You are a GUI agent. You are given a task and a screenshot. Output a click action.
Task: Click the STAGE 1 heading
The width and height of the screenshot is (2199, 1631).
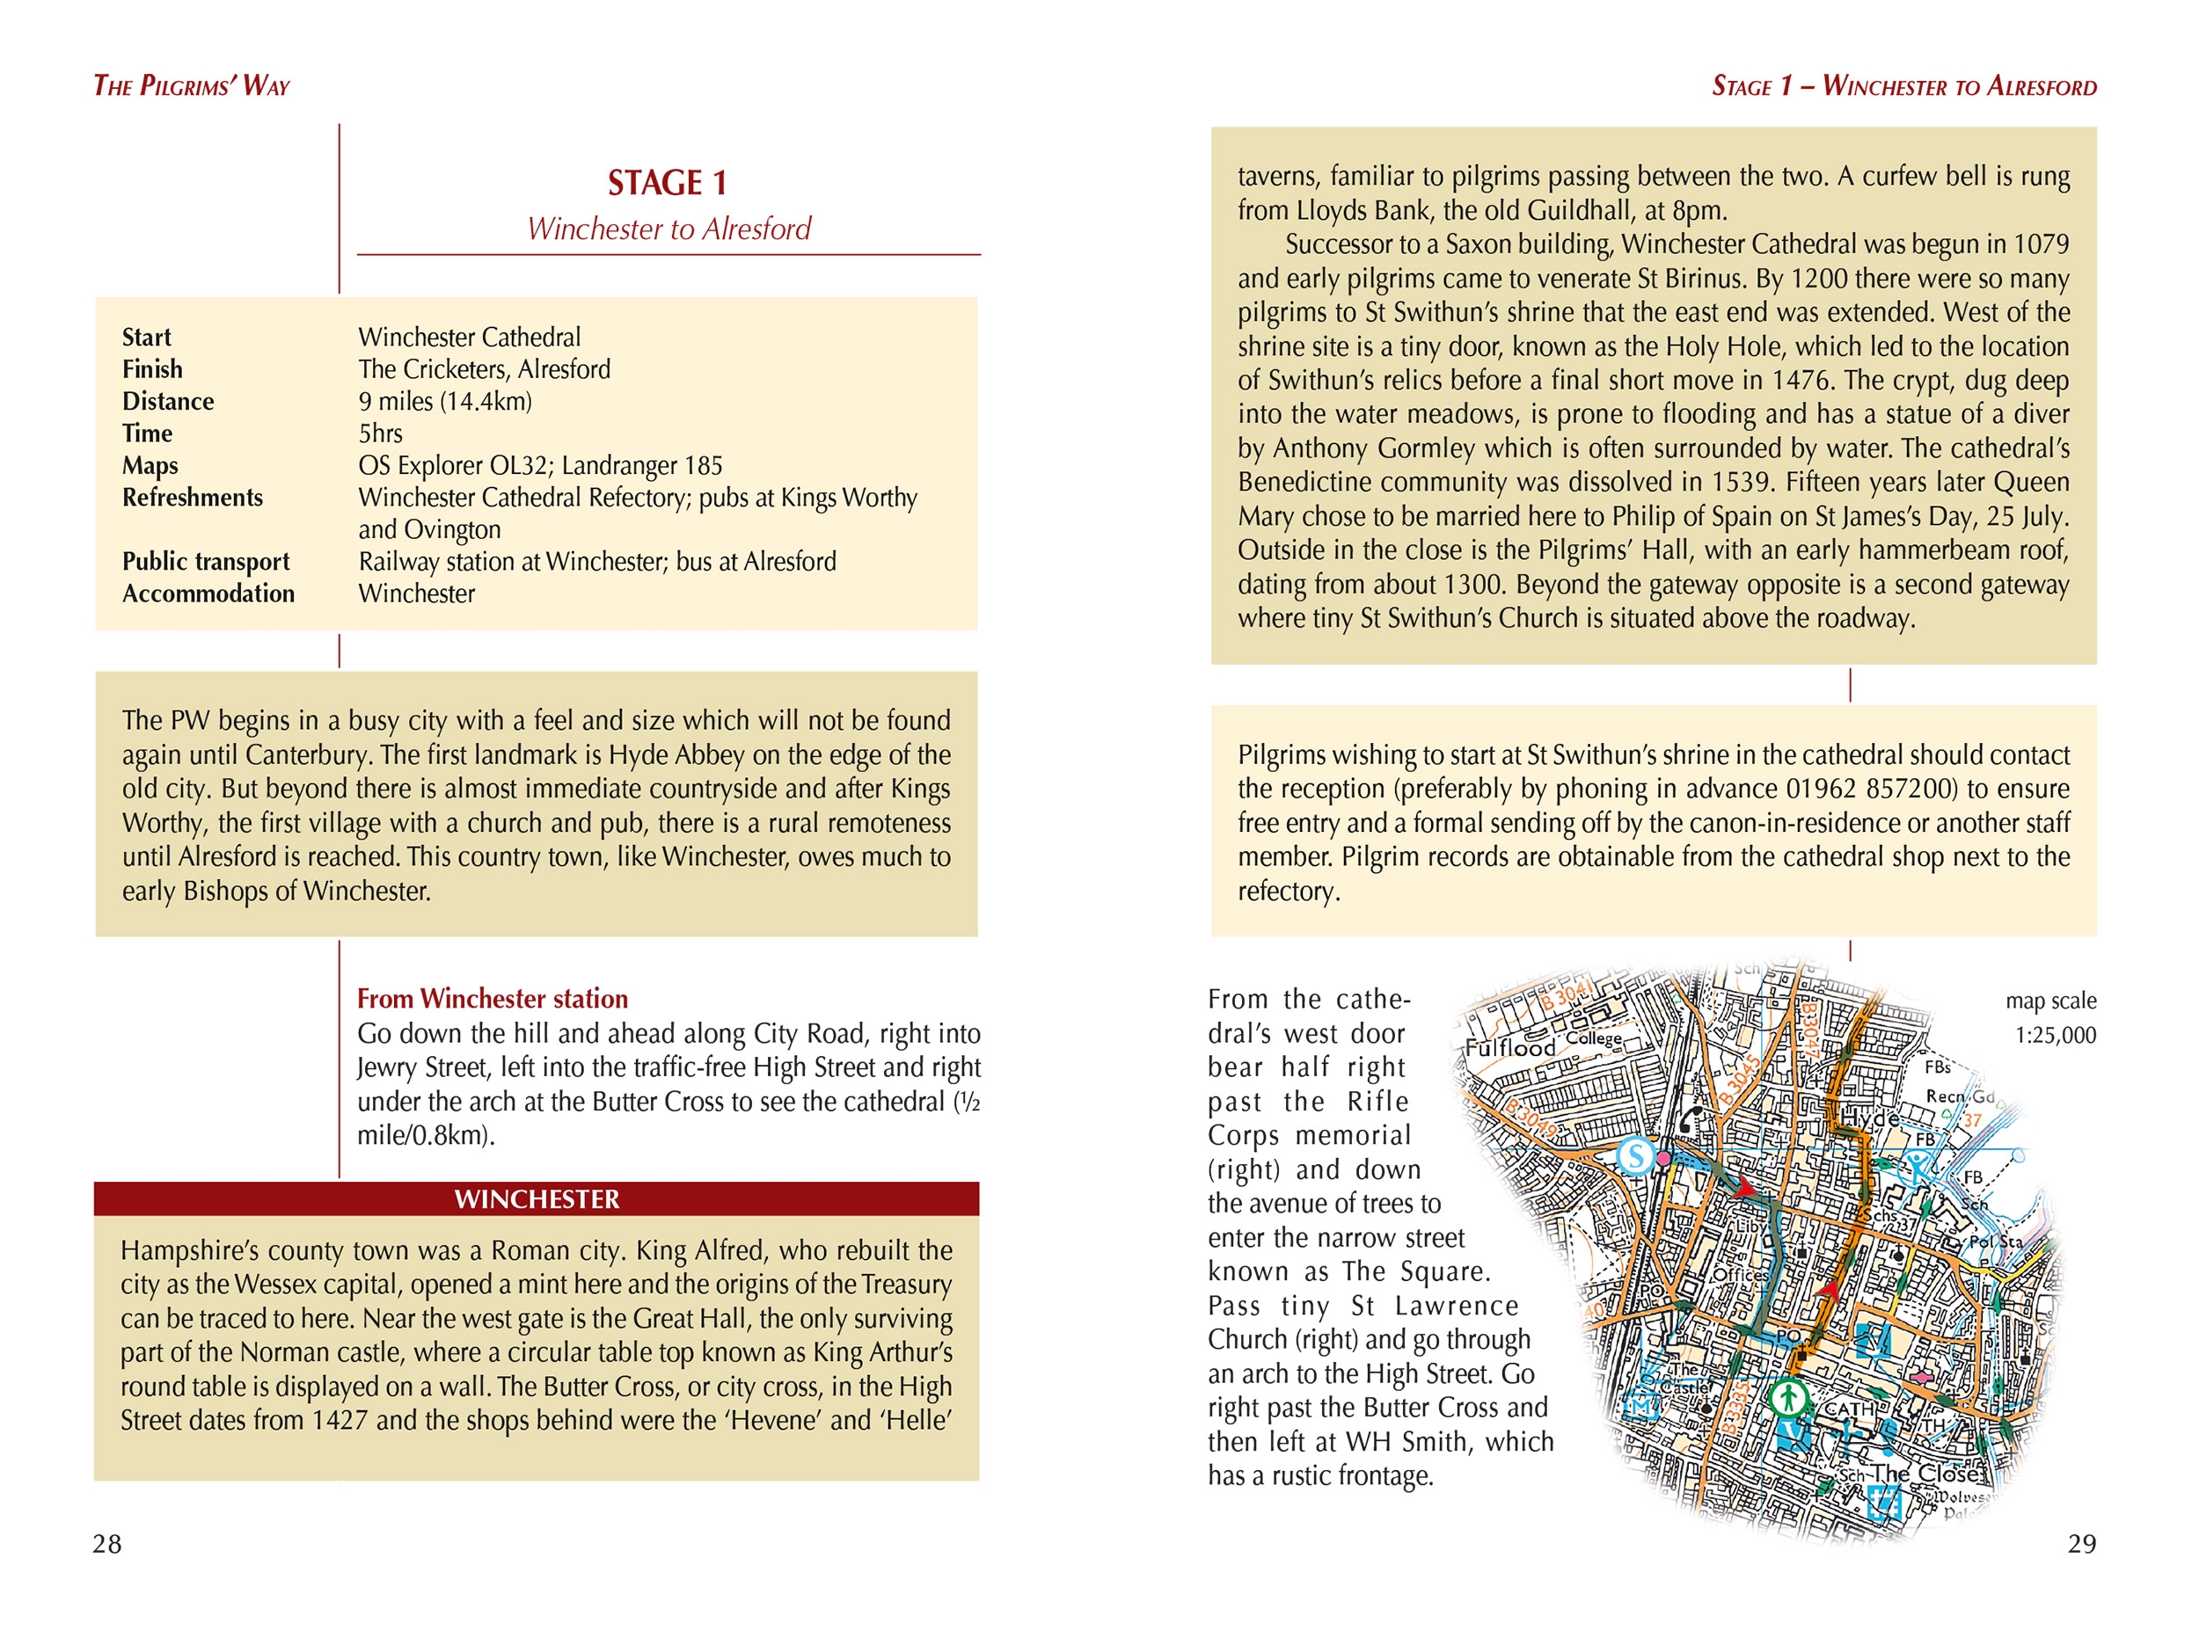click(x=668, y=183)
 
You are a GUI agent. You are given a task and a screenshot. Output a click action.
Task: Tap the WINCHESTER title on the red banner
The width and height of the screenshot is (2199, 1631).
click(x=537, y=1198)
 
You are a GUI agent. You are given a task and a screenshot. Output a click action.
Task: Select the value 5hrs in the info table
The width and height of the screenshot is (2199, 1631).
click(x=380, y=433)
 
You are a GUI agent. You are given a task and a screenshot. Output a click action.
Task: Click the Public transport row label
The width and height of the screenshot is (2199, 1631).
click(x=205, y=562)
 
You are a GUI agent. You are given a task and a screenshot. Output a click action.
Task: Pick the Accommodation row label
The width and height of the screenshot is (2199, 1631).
click(x=208, y=593)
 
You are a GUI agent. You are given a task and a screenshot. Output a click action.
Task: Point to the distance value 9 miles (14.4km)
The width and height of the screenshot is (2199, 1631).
click(x=444, y=402)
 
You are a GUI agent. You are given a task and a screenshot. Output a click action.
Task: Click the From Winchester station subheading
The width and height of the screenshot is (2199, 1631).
click(x=492, y=998)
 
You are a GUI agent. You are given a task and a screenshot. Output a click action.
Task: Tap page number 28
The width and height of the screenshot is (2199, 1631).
click(x=106, y=1543)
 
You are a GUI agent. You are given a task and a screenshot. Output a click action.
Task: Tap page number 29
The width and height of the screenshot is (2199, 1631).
click(x=2081, y=1543)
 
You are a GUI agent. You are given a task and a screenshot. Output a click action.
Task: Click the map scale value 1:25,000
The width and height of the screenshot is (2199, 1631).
click(x=2055, y=1035)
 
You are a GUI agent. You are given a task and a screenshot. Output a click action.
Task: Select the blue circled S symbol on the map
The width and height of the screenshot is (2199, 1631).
click(x=1635, y=1155)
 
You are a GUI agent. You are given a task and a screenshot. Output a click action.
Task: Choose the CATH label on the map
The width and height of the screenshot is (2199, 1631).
click(x=1850, y=1409)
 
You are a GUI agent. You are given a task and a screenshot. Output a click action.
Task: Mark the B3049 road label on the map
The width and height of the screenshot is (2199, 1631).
click(x=1531, y=1118)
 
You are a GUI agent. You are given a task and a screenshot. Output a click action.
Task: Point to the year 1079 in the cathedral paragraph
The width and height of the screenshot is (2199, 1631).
click(x=2039, y=244)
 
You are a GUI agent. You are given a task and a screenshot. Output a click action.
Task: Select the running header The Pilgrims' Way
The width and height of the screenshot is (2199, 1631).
click(x=192, y=86)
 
